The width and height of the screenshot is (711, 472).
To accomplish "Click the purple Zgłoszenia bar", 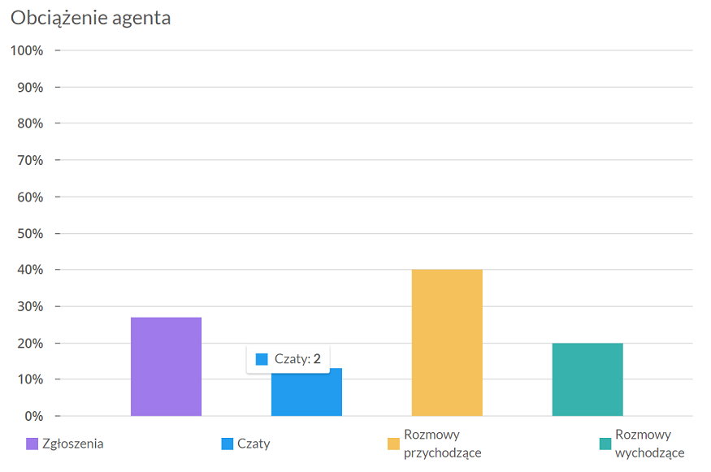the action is coord(166,366).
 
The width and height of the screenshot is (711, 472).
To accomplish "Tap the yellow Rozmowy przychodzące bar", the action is coord(447,343).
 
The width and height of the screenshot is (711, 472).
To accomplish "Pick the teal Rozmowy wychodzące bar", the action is coord(587,379).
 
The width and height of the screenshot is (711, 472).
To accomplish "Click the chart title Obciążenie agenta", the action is coord(91,18).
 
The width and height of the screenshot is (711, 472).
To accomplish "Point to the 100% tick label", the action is coord(27,50).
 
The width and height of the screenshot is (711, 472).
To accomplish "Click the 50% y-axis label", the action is coord(30,233).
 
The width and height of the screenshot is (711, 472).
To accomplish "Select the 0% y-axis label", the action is coord(33,416).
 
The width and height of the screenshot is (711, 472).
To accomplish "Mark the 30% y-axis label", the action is coord(30,306).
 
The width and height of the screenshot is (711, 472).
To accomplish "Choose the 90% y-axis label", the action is coord(30,87).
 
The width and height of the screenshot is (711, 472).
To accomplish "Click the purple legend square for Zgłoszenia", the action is coord(33,444).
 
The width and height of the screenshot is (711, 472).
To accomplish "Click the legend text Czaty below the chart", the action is coord(254,444).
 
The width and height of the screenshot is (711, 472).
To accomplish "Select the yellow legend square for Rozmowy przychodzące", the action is coord(393,444).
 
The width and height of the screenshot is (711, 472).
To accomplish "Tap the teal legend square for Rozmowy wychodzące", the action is coord(605,444).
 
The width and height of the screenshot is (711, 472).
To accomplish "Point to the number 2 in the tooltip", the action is coord(317,359).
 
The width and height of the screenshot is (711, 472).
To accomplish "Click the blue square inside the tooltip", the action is coord(262,359).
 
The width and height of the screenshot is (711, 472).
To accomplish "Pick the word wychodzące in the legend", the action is coord(650,453).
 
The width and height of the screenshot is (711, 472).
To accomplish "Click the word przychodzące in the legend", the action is coord(443,453).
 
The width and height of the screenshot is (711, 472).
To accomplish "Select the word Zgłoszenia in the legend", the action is coord(73,444).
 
